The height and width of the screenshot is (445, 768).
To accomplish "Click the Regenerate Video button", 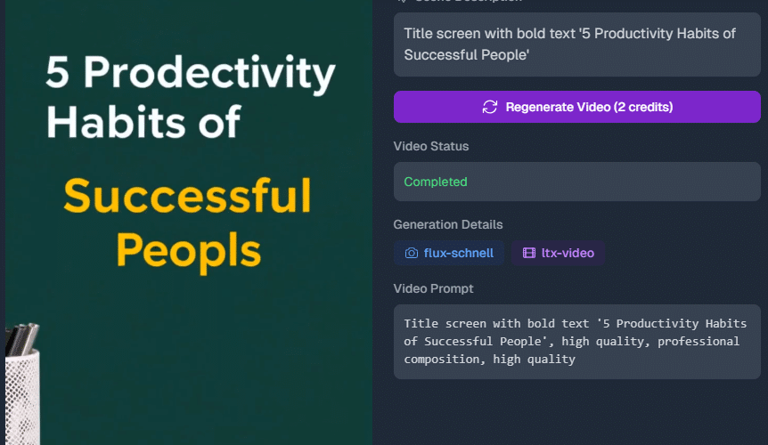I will [576, 107].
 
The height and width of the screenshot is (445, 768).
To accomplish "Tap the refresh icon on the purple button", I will [489, 107].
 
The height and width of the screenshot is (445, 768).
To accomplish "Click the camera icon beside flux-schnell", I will [411, 253].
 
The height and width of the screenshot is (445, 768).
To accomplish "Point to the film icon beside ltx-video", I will [528, 253].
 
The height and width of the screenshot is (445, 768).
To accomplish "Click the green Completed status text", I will [436, 182].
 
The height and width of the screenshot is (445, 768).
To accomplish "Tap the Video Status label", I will [431, 146].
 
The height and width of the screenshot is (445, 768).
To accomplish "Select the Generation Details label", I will [448, 224].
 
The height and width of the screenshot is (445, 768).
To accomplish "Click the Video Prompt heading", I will [433, 288].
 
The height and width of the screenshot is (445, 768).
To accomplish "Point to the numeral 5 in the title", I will [57, 73].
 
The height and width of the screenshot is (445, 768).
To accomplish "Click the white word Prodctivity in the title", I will [207, 75].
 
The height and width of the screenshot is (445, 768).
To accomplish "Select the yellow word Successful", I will [187, 196].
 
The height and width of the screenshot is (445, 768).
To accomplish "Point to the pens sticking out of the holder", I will [21, 336].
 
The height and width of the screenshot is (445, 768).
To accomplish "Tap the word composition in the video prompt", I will [442, 360].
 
